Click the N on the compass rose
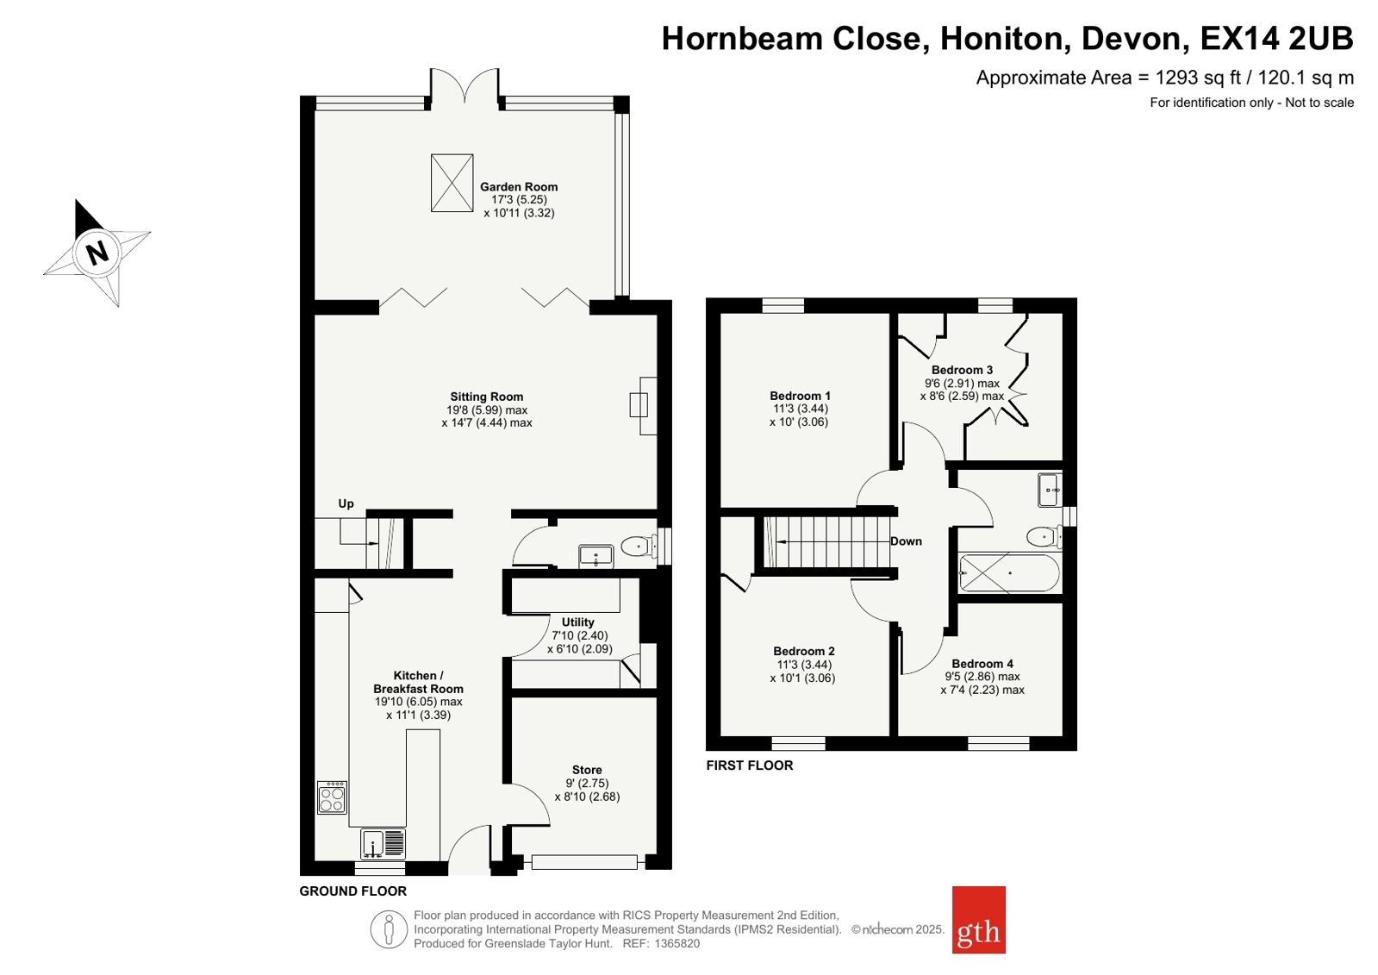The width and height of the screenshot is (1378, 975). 97,253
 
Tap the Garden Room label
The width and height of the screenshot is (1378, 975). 519,186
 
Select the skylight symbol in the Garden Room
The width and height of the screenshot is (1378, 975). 452,183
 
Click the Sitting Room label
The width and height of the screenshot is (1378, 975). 487,397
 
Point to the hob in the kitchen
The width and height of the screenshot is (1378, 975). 332,797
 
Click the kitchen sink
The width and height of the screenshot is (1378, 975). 383,843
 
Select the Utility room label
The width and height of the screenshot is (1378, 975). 577,622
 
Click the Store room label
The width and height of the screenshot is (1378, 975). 587,770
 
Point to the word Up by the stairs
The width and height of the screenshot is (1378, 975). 346,503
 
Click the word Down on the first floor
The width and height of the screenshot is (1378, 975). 906,541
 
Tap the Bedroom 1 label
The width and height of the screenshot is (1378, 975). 800,396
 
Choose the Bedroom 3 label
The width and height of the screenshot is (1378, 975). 962,370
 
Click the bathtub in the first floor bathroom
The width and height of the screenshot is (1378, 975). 1009,573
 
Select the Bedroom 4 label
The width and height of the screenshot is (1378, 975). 982,664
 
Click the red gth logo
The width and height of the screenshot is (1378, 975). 979,920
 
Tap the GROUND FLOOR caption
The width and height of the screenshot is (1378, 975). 353,891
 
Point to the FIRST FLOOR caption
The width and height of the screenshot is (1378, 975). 750,766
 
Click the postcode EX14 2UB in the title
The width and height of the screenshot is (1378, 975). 1276,38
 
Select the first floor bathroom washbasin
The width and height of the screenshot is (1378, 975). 1050,490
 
